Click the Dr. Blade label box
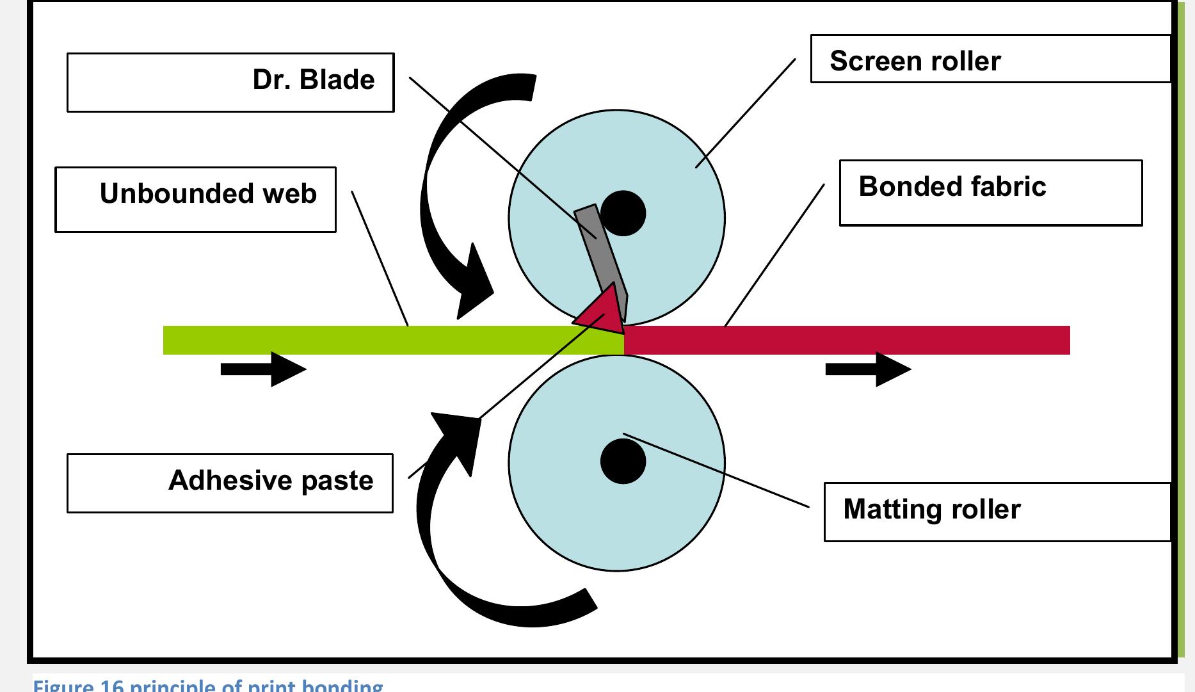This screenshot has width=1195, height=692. pyautogui.click(x=230, y=83)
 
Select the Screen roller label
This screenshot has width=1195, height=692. pyautogui.click(x=990, y=59)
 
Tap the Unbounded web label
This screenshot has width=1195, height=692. pyautogui.click(x=195, y=200)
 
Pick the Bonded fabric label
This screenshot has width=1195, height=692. pyautogui.click(x=990, y=193)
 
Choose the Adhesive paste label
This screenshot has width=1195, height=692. pyautogui.click(x=230, y=483)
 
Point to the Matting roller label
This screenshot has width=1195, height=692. pyautogui.click(x=997, y=512)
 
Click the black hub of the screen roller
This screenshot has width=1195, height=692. pyautogui.click(x=623, y=213)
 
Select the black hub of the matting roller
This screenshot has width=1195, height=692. pyautogui.click(x=623, y=461)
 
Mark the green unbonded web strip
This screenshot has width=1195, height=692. pyautogui.click(x=384, y=340)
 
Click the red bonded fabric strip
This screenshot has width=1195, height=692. pyautogui.click(x=845, y=340)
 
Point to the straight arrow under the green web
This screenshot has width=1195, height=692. pyautogui.click(x=263, y=369)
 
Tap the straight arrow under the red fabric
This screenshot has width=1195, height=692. pyautogui.click(x=868, y=369)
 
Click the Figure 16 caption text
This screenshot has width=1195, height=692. pyautogui.click(x=208, y=686)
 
